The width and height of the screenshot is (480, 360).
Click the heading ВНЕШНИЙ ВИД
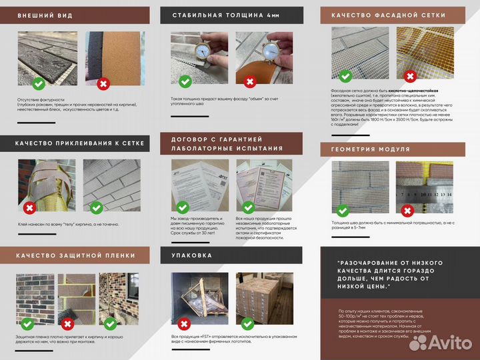click(x=45, y=15)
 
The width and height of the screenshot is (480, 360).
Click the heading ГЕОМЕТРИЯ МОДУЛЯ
click(x=370, y=149)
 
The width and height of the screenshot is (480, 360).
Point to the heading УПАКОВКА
click(x=192, y=255)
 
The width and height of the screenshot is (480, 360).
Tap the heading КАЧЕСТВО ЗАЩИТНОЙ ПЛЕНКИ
click(x=75, y=255)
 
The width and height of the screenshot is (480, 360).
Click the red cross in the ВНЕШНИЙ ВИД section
click(x=103, y=84)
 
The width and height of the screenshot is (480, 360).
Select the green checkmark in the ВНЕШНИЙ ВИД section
click(x=39, y=84)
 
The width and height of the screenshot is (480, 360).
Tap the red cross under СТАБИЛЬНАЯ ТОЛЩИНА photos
click(x=249, y=83)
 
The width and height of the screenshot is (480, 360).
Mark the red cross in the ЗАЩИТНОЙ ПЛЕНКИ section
click(x=67, y=324)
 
